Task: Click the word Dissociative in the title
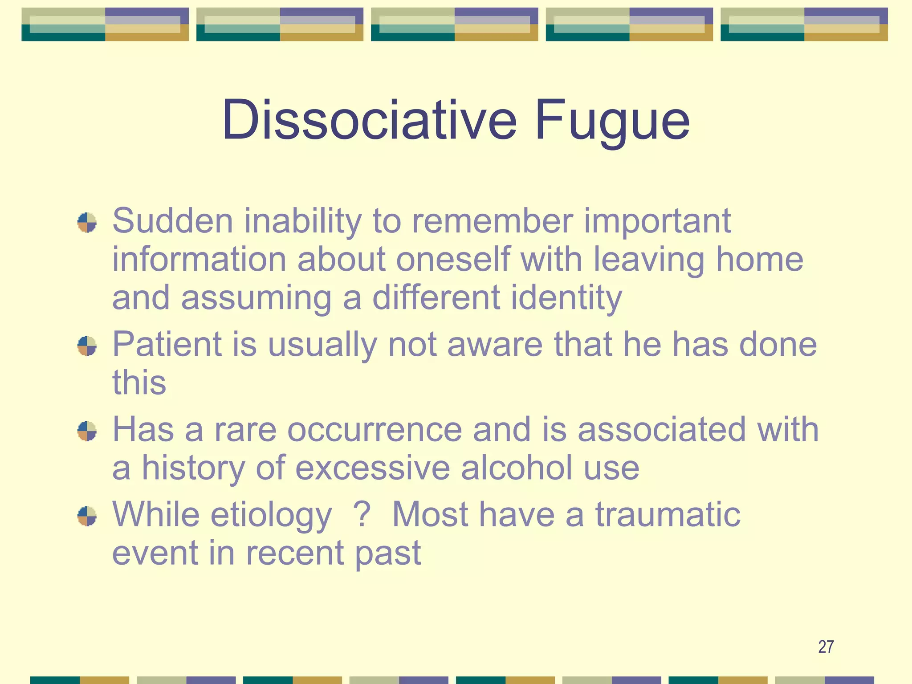pos(369,120)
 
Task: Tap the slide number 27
pos(826,647)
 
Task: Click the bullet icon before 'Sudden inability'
pos(87,222)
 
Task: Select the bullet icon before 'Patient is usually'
pos(87,346)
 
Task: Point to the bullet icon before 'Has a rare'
pos(87,431)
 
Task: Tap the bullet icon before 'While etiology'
pos(87,516)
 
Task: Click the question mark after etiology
pos(362,514)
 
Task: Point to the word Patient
pos(167,344)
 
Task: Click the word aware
pos(495,345)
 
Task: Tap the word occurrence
pos(375,430)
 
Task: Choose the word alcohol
pos(517,468)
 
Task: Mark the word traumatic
pos(668,515)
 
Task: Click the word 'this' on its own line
pos(139,383)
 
